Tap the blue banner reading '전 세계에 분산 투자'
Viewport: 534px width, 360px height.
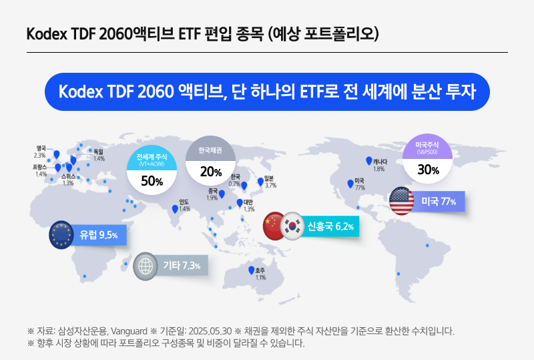[x=266, y=92]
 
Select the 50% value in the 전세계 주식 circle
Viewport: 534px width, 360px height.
[x=152, y=181]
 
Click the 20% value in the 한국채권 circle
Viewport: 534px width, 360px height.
[x=210, y=172]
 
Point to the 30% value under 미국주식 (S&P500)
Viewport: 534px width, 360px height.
[x=428, y=170]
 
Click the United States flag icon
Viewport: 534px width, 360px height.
[x=401, y=201]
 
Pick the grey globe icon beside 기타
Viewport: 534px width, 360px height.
[x=146, y=266]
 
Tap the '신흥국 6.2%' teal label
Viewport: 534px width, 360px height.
[x=330, y=227]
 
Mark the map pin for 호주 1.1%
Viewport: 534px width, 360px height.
[x=252, y=271]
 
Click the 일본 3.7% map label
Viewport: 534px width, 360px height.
[x=270, y=182]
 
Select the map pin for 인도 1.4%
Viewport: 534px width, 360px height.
[x=176, y=208]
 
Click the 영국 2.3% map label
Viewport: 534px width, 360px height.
[x=40, y=152]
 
